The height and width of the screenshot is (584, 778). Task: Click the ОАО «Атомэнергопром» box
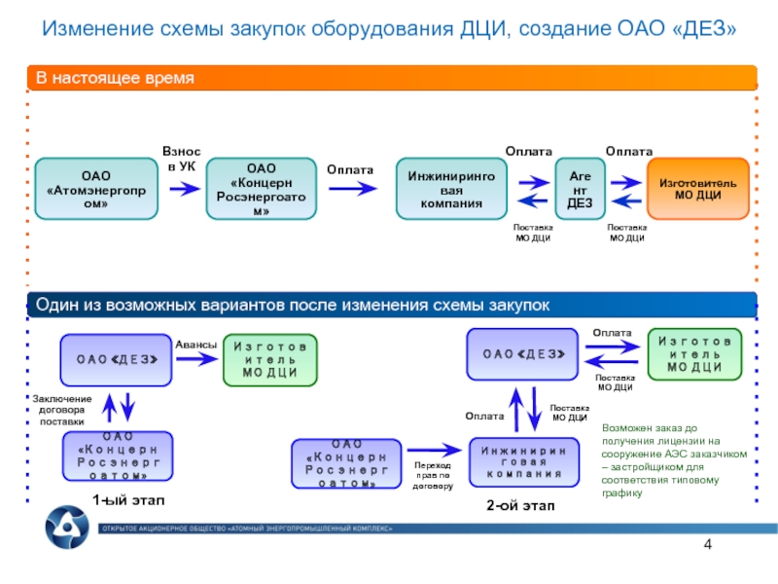95,188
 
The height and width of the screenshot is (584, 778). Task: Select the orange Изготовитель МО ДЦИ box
697,188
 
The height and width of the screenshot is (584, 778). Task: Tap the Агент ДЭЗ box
580,188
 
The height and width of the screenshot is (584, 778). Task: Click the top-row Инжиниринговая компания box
450,188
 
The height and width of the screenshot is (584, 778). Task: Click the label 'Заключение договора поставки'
62,410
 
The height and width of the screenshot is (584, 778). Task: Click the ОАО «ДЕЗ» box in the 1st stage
117,358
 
